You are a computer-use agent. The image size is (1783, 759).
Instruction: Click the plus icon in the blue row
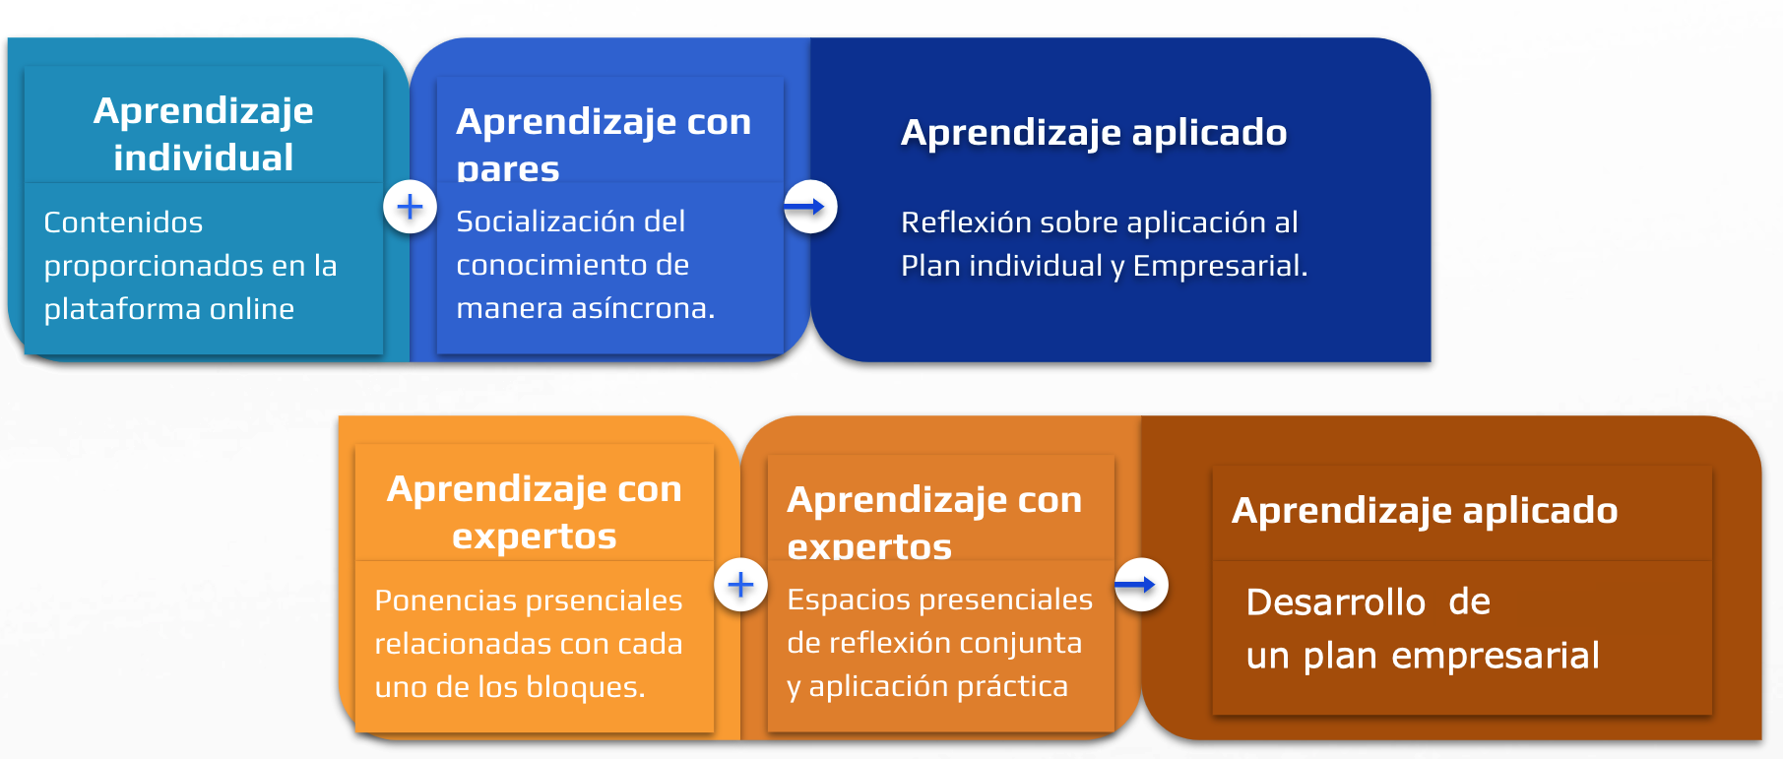pyautogui.click(x=410, y=207)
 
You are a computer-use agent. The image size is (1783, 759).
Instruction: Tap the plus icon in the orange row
pyautogui.click(x=740, y=585)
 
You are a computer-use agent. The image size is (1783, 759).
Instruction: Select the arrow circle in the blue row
pyautogui.click(x=810, y=207)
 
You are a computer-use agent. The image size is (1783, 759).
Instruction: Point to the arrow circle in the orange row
pyautogui.click(x=1141, y=585)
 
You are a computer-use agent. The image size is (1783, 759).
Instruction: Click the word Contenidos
pyautogui.click(x=123, y=222)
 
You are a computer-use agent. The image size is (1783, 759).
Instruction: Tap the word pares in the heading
pyautogui.click(x=508, y=169)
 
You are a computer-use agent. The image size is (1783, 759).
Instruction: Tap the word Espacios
pyautogui.click(x=848, y=600)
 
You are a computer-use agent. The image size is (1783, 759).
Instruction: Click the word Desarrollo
pyautogui.click(x=1336, y=601)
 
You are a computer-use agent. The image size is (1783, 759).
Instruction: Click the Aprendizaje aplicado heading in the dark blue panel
pyautogui.click(x=1094, y=133)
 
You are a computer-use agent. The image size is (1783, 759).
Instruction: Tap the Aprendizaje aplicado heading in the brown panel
pyautogui.click(x=1425, y=511)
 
